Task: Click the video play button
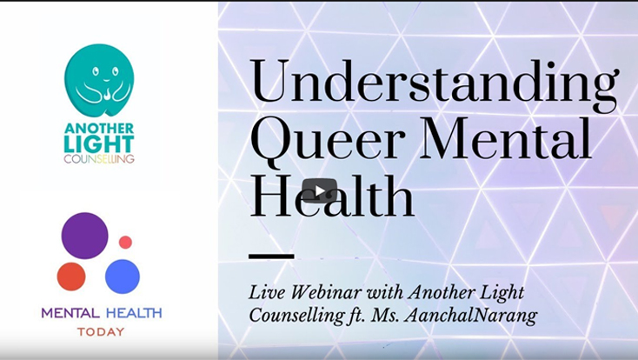click(x=319, y=190)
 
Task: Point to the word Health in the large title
click(x=332, y=197)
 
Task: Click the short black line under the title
click(x=271, y=257)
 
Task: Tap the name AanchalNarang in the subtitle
click(x=471, y=316)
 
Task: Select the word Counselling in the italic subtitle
click(x=296, y=316)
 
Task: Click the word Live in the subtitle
click(x=268, y=292)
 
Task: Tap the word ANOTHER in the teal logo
click(x=99, y=129)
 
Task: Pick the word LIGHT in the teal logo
click(x=99, y=144)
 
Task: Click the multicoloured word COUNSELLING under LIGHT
click(x=99, y=159)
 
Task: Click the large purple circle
click(x=84, y=236)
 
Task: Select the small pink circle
click(x=125, y=243)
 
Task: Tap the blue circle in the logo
click(x=123, y=277)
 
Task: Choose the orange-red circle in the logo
click(x=71, y=277)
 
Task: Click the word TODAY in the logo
click(x=101, y=332)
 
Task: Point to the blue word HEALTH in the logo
click(x=134, y=313)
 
